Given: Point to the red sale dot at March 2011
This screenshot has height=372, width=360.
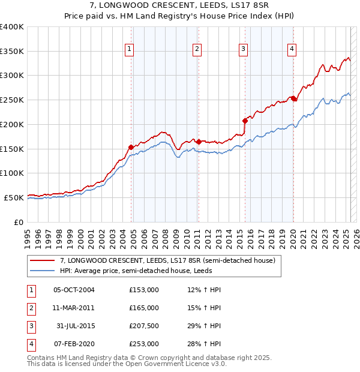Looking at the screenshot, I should pyautogui.click(x=199, y=142).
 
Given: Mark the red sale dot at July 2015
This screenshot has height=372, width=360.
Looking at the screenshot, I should pyautogui.click(x=245, y=121).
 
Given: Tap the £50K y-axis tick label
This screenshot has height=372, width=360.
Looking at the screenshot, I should pyautogui.click(x=14, y=197).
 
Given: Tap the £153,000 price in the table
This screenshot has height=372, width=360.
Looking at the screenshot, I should pyautogui.click(x=144, y=290).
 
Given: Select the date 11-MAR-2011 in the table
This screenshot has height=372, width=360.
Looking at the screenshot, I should pyautogui.click(x=74, y=308).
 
